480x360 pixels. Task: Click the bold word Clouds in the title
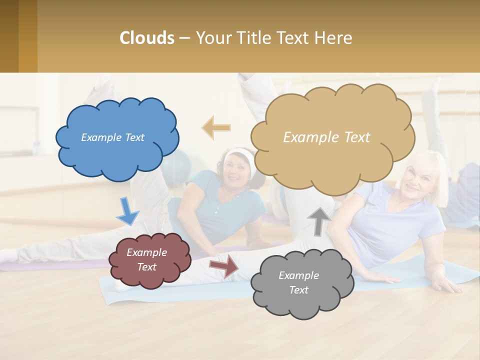146,38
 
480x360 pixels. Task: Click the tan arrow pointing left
216,127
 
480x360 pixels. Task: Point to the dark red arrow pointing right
224,265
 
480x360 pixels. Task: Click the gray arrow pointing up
319,220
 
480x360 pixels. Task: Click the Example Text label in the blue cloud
112,137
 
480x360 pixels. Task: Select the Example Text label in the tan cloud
326,137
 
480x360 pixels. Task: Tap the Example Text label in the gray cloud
298,282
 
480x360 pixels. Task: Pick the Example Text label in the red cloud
146,259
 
